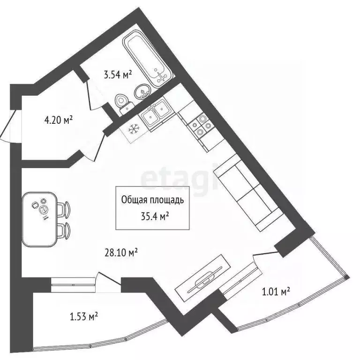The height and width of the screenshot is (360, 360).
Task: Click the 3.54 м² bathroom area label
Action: coord(117,74)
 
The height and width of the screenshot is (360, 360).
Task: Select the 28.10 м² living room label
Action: coord(120,253)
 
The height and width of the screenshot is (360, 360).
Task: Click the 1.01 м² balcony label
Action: coord(275,292)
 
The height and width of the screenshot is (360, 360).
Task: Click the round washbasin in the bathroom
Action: coord(141,92)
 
